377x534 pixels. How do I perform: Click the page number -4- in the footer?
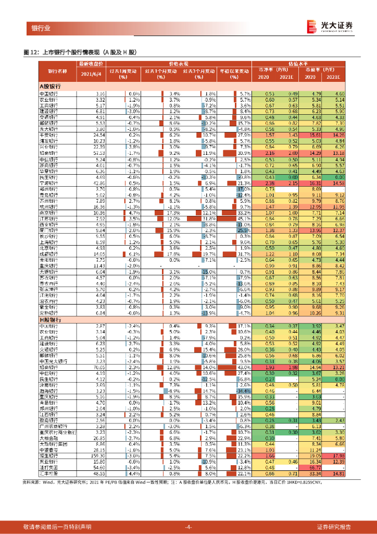[188, 526]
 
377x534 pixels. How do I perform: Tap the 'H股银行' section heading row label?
[51, 319]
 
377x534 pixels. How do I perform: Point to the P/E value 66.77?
[310, 468]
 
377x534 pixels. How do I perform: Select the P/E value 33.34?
[310, 474]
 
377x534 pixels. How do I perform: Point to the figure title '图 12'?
[30, 52]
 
